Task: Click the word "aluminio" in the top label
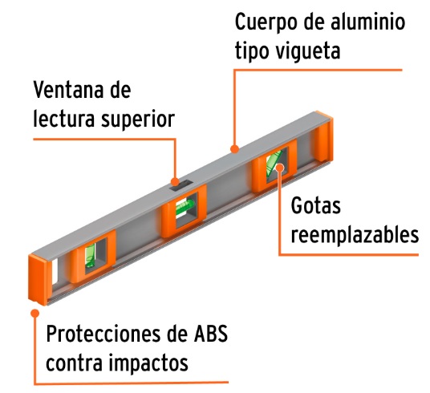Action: [x=367, y=22]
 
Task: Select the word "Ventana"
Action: [x=68, y=90]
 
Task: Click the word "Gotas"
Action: [x=315, y=205]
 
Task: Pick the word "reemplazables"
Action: [x=355, y=235]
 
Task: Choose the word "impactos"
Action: [x=148, y=363]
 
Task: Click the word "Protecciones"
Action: [x=103, y=334]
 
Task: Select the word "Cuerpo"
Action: [x=266, y=22]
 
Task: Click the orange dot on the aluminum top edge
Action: [x=234, y=149]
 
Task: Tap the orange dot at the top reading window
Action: [x=175, y=181]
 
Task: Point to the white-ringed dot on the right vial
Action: [x=280, y=167]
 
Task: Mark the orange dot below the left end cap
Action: [x=34, y=313]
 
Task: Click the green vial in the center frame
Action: [x=185, y=207]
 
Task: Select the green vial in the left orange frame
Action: [x=90, y=255]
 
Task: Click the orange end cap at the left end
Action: [x=39, y=279]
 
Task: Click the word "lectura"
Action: [x=64, y=119]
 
